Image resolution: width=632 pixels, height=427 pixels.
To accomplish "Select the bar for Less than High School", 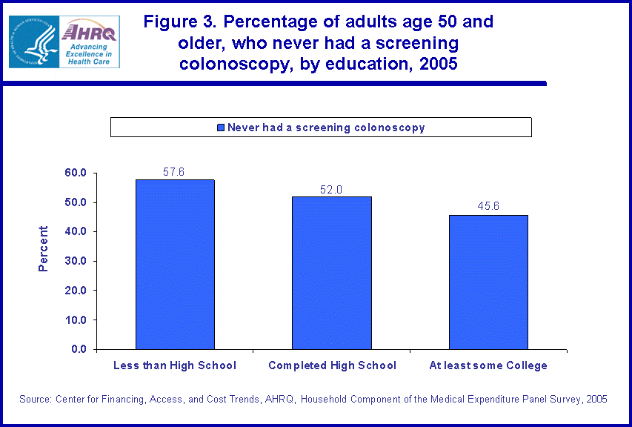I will [175, 264].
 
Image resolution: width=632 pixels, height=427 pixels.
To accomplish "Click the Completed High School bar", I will [332, 272].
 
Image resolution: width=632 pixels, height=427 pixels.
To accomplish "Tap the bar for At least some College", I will [489, 282].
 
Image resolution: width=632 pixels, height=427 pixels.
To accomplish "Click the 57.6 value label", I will [173, 172].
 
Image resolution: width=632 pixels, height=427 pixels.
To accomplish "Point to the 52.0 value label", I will [331, 189].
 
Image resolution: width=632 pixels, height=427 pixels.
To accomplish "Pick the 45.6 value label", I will [488, 207].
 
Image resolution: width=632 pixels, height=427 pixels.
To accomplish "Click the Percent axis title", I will [44, 248].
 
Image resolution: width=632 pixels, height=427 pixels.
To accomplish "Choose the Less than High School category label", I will [175, 365].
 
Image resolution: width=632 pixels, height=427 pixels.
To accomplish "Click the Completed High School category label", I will [332, 365].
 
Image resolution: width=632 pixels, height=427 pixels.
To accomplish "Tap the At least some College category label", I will [488, 365].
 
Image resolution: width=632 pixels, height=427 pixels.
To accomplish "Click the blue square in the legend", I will [220, 128].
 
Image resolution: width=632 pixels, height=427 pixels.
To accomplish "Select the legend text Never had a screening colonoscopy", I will [326, 128].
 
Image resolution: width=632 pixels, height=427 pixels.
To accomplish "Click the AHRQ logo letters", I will [89, 31].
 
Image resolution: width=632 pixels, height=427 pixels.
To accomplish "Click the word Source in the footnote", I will [35, 399].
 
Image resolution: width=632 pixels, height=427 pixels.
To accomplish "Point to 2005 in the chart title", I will [438, 64].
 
